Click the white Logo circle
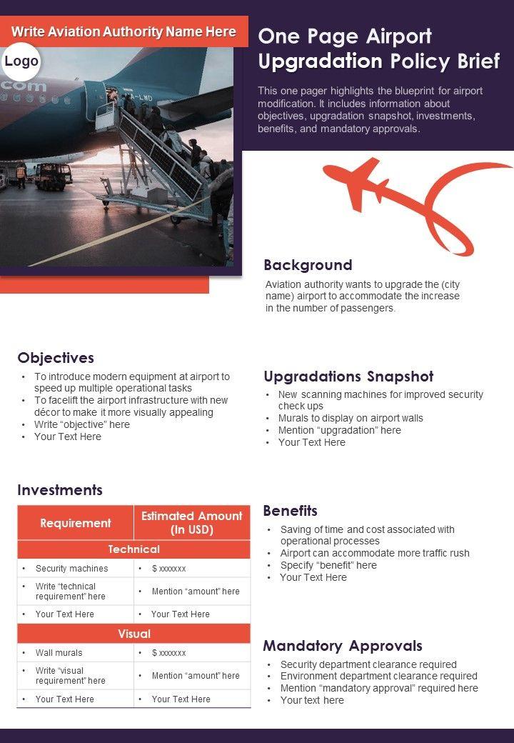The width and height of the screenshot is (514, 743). pos(21,62)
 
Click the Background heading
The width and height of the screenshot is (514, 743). pos(308,265)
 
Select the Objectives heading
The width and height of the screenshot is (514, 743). pos(56,358)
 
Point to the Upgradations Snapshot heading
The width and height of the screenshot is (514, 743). pos(348,377)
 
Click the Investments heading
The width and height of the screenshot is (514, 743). pos(60,490)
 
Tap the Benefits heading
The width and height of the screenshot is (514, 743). pos(290,511)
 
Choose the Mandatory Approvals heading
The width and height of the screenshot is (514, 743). pos(343,646)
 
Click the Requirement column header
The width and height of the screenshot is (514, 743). pos(76,523)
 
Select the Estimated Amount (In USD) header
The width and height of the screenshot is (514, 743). pos(191,523)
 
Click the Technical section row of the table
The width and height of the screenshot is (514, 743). pos(133,549)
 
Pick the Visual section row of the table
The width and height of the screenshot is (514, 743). pos(133,634)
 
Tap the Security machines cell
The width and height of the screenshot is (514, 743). pos(72,569)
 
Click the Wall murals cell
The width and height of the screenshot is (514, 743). pos(59,653)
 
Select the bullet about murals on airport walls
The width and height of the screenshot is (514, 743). pos(351,418)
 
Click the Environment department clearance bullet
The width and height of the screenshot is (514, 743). pos(378,676)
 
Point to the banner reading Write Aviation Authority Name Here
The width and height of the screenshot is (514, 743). pos(124,32)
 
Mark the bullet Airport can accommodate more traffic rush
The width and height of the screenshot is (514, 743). pos(375,553)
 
